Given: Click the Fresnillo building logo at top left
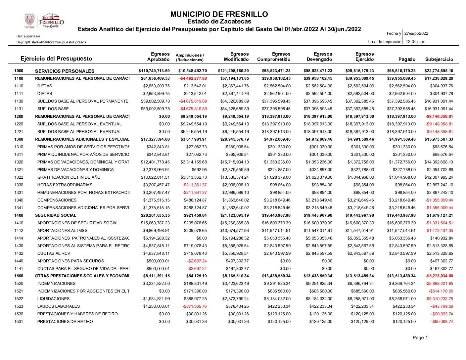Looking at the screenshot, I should [x=51, y=21].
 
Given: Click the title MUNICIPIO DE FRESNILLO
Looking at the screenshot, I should [x=219, y=14].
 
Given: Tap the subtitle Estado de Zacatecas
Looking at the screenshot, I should [x=219, y=22].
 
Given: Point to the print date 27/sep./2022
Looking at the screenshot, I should [x=416, y=33].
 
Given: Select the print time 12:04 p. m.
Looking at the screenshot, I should [x=416, y=42].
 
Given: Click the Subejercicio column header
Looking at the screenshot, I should [x=439, y=59].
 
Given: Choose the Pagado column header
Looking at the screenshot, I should [x=407, y=59].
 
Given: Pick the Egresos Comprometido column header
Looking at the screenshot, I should [x=274, y=57].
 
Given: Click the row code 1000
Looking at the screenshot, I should [x=19, y=71].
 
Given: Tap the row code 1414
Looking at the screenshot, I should [x=19, y=238].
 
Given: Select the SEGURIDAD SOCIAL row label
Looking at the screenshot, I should [x=51, y=215].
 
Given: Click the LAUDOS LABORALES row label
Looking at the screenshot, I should [x=59, y=306].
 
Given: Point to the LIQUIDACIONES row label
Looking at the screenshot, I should [x=53, y=299].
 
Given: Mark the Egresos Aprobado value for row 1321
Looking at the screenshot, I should [x=156, y=170].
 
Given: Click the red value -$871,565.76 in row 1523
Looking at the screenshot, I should [x=195, y=306].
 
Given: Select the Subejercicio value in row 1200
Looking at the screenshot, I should [x=439, y=116].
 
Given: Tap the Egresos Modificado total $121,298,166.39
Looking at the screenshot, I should [x=233, y=71].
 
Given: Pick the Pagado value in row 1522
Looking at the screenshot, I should [x=402, y=299].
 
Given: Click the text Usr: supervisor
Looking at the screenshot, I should [x=28, y=36].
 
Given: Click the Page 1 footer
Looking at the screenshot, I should [x=420, y=337].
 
